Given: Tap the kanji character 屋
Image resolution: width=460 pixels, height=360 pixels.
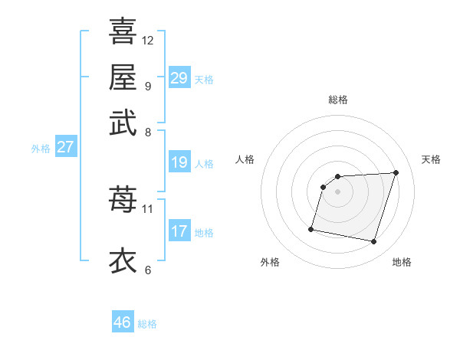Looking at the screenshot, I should [123, 77].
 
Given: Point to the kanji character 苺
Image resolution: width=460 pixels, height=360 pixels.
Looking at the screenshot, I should [123, 199].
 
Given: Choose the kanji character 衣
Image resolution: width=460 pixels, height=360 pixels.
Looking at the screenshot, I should [123, 260].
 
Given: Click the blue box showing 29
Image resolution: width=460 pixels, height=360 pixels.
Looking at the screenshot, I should [179, 78].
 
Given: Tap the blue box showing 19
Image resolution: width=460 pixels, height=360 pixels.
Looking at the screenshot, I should [179, 162].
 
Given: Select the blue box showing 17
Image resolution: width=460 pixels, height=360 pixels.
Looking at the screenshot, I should [179, 231].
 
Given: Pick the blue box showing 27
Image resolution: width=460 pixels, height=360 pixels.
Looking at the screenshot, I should [65, 147].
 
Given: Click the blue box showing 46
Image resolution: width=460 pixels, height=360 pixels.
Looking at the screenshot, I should [123, 322].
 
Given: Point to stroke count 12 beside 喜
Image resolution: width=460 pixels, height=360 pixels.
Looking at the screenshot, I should [148, 40].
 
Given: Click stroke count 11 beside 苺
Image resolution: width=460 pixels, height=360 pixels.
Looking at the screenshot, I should [148, 208].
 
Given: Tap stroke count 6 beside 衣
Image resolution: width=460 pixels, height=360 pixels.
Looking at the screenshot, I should [148, 270].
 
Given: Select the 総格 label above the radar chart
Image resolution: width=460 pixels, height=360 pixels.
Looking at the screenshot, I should [338, 100].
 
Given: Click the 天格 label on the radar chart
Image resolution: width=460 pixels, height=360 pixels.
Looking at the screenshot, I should [432, 159].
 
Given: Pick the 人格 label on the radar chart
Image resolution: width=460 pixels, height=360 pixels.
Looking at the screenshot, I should [245, 159].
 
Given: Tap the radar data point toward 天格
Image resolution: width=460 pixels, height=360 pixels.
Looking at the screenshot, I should [396, 172].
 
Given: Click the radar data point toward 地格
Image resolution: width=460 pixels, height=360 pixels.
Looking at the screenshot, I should [373, 242].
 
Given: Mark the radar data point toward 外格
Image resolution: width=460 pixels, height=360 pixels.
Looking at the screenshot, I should [311, 228].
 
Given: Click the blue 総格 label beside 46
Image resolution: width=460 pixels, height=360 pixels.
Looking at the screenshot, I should [147, 324].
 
